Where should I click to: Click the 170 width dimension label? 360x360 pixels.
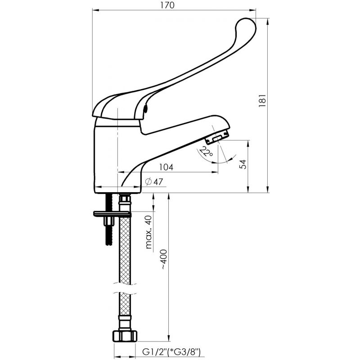(167, 5)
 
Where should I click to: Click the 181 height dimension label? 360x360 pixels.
(262, 100)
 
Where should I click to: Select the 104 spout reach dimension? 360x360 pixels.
(166, 167)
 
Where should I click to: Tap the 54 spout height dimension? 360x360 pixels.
(243, 164)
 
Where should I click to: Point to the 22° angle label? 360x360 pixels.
(206, 151)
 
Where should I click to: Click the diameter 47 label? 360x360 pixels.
(154, 182)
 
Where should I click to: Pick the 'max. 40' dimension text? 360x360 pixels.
(149, 232)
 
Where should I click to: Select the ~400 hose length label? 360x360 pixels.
(164, 259)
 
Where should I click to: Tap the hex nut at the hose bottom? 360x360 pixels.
(125, 336)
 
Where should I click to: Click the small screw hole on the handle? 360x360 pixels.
(145, 108)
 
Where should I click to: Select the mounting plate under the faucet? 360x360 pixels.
(112, 214)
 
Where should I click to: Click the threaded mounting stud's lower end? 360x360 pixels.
(109, 243)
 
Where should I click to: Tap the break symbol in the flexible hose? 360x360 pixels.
(125, 288)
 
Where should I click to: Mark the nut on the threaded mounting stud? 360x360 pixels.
(109, 221)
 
